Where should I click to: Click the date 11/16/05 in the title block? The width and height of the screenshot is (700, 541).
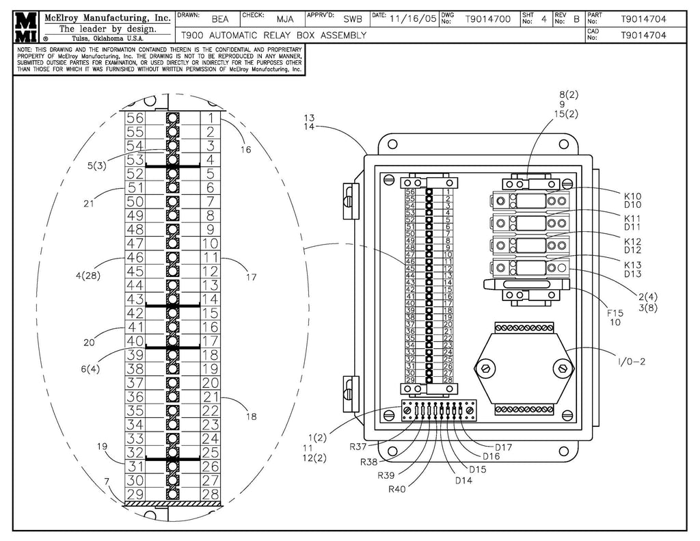(412, 19)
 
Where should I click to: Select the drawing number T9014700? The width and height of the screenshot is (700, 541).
(487, 19)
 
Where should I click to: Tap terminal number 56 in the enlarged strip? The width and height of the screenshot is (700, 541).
(135, 118)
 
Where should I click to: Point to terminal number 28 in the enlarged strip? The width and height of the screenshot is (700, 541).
(211, 494)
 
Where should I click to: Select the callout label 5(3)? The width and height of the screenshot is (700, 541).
(96, 165)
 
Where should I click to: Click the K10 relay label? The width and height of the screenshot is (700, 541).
(632, 196)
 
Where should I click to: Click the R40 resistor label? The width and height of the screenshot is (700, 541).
(398, 488)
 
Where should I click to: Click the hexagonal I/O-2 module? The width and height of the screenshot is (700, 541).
(524, 369)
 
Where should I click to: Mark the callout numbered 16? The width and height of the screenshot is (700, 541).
(245, 149)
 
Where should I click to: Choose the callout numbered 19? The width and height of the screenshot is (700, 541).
(102, 447)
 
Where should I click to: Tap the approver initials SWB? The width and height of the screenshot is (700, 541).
(353, 19)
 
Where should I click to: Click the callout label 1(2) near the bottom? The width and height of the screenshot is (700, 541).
(317, 436)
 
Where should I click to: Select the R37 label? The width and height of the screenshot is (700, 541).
(359, 447)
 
